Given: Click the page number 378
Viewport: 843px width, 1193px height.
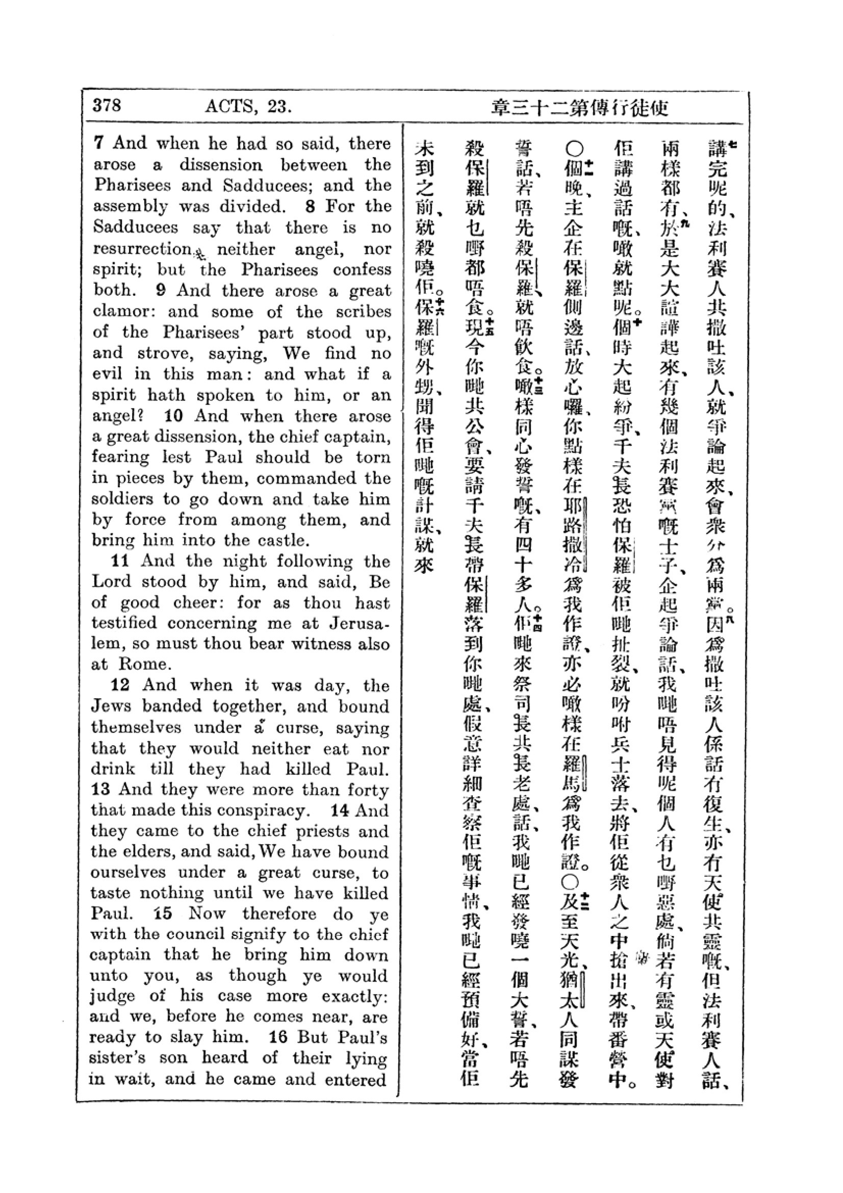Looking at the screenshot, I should pos(107,106).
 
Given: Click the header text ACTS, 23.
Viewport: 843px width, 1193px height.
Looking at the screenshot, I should pos(248,107).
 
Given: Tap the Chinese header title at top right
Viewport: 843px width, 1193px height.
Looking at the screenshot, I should pos(579,108).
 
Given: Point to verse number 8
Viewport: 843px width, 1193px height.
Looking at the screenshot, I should pos(310,206).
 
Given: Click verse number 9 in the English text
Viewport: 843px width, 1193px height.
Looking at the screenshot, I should pos(161,290).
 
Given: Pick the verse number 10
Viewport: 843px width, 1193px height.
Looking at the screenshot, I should pos(172,416).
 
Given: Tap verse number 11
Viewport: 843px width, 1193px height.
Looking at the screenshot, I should pos(119,561).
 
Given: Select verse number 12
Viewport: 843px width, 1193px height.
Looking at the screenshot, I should pos(120,685).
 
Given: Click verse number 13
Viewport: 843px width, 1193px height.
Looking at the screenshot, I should pos(100,789).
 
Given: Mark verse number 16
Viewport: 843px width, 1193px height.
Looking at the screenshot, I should pos(278,1037).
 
